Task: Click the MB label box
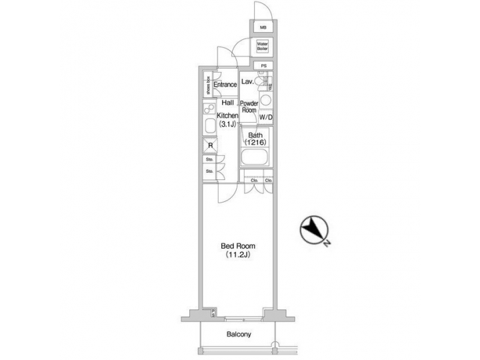coord(263,28)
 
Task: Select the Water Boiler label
coord(263,47)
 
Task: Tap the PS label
coord(263,65)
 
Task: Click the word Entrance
coord(225,85)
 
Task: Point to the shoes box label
coord(207,85)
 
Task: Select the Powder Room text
coord(249,107)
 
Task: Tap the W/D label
coord(265,118)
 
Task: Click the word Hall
coord(227,103)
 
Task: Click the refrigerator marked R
coord(210,145)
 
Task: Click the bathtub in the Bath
coord(255,160)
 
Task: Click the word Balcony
coord(237,334)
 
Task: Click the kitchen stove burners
coord(208,109)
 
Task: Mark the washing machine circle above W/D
coord(266,101)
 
